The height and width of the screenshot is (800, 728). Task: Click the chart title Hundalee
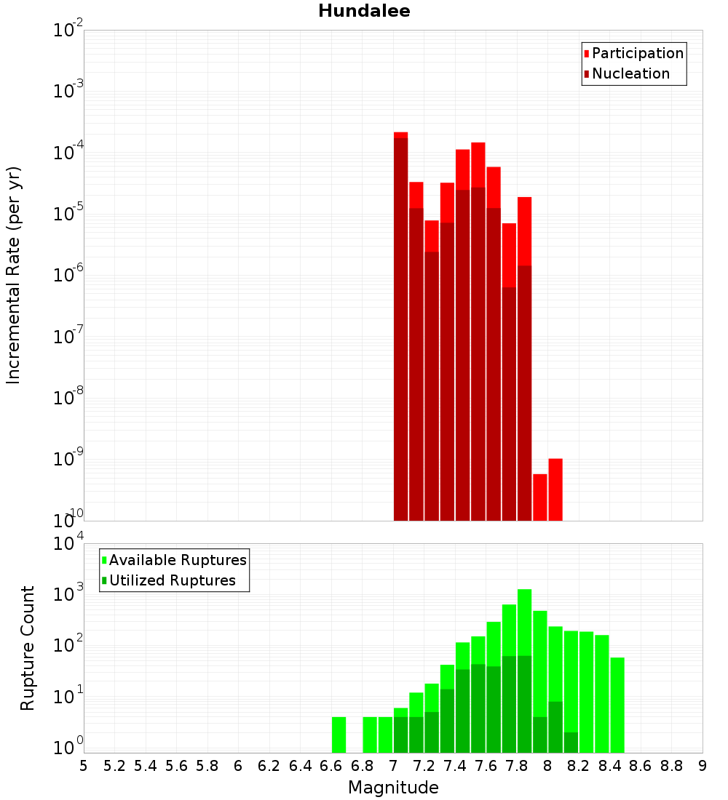(x=364, y=11)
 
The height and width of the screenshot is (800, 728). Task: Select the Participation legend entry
(x=637, y=54)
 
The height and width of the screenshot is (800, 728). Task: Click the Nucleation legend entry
(x=630, y=74)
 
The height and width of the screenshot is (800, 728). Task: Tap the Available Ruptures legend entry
(x=178, y=560)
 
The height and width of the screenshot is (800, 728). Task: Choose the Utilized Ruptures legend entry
(x=172, y=580)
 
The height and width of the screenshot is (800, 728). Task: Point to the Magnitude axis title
(x=393, y=788)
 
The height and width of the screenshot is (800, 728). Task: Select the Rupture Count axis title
(x=28, y=647)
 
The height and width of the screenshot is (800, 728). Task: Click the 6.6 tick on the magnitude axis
(x=331, y=766)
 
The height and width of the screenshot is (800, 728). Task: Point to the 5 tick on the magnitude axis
(x=84, y=766)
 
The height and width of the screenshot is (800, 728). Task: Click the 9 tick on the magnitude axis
(x=703, y=766)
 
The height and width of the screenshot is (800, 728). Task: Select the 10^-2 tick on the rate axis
(x=69, y=31)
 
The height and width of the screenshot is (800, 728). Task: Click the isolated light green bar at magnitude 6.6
(x=339, y=735)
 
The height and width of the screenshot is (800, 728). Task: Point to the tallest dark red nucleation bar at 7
(x=401, y=327)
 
